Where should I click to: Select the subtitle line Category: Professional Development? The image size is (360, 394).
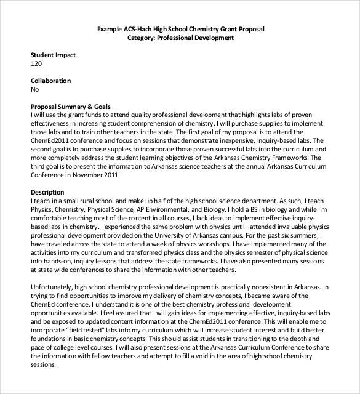click(x=180, y=38)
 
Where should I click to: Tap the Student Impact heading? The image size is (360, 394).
click(x=53, y=55)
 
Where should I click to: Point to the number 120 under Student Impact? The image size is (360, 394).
click(x=36, y=63)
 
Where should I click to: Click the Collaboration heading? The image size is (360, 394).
click(x=50, y=81)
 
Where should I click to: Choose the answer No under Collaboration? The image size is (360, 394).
click(x=34, y=89)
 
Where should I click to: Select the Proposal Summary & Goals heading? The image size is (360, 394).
click(x=70, y=107)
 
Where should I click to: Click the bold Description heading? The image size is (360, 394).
click(x=47, y=191)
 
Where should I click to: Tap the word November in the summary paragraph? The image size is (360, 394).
click(x=78, y=174)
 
